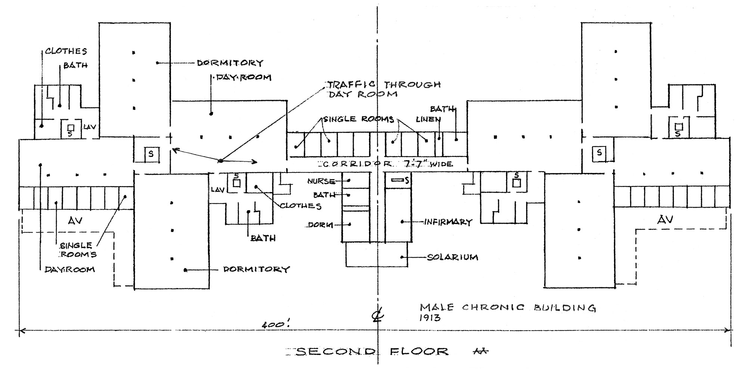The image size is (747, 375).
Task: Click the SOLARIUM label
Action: click(x=452, y=257)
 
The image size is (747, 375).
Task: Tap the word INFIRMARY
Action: click(x=448, y=222)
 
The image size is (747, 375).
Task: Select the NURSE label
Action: click(x=321, y=181)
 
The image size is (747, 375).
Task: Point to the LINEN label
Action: click(x=428, y=120)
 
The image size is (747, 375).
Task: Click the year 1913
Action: click(x=430, y=318)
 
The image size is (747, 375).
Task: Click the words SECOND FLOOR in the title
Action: click(x=372, y=351)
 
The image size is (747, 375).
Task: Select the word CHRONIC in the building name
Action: click(x=493, y=307)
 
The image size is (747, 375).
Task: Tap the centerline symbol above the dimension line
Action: click(x=377, y=316)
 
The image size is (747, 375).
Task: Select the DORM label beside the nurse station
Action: click(x=320, y=225)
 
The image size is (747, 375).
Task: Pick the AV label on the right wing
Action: click(x=665, y=220)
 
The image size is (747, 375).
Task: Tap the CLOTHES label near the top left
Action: click(x=66, y=51)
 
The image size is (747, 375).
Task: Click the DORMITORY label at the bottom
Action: click(x=256, y=269)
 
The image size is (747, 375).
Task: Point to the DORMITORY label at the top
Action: click(x=230, y=63)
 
